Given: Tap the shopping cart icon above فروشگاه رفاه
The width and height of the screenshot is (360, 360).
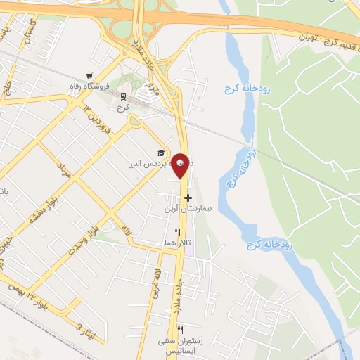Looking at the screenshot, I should pos(89,76).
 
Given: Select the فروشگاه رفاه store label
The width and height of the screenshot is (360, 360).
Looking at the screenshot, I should pos(89,87).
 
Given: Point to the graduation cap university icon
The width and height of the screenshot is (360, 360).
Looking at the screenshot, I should pos(161,153).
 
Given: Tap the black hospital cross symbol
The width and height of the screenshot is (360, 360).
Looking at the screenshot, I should pos(188,198).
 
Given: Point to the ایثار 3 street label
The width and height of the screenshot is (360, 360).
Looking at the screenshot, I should pos(82,329).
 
